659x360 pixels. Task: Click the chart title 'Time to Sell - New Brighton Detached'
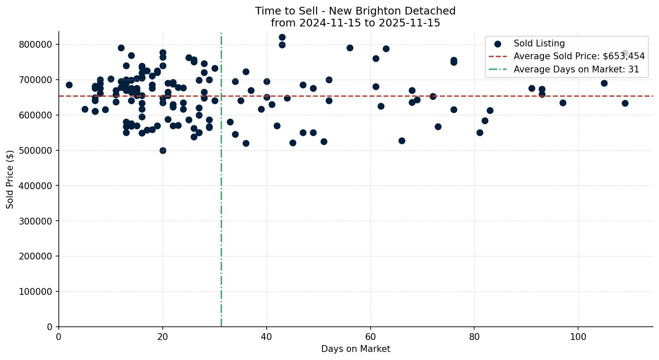(x=355, y=11)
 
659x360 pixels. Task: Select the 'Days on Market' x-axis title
(x=355, y=349)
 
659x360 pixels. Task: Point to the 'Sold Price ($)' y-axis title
(x=10, y=179)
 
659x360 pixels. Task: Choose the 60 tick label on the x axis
(x=370, y=337)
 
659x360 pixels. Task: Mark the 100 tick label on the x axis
(x=578, y=337)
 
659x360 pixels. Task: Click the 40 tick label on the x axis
(x=266, y=337)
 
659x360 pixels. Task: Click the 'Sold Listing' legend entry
(x=539, y=43)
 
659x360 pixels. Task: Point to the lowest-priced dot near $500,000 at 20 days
(x=163, y=150)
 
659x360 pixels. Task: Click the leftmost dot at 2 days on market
(x=69, y=85)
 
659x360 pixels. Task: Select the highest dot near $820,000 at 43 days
(x=282, y=37)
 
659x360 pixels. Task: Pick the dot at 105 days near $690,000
(x=604, y=83)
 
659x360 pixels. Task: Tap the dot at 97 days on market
(x=563, y=103)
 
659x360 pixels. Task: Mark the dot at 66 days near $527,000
(x=402, y=141)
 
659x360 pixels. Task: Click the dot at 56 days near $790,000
(x=350, y=48)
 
